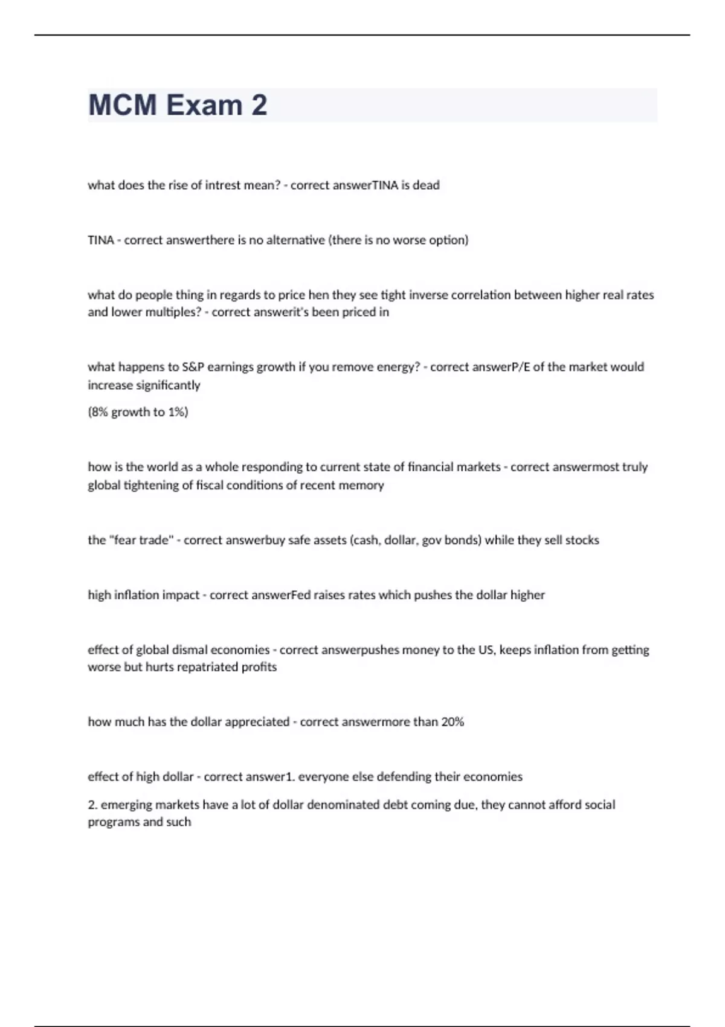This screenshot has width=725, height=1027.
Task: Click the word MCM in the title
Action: (122, 105)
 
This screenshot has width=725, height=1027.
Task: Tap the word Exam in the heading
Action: (204, 105)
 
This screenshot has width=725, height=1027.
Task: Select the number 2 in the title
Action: (259, 105)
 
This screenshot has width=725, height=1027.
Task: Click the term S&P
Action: (193, 367)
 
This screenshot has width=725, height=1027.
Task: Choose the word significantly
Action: (169, 385)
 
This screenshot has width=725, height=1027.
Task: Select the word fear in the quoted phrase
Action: (125, 540)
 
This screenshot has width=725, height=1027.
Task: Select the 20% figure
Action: (453, 722)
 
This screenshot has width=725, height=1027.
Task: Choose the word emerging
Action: (126, 805)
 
